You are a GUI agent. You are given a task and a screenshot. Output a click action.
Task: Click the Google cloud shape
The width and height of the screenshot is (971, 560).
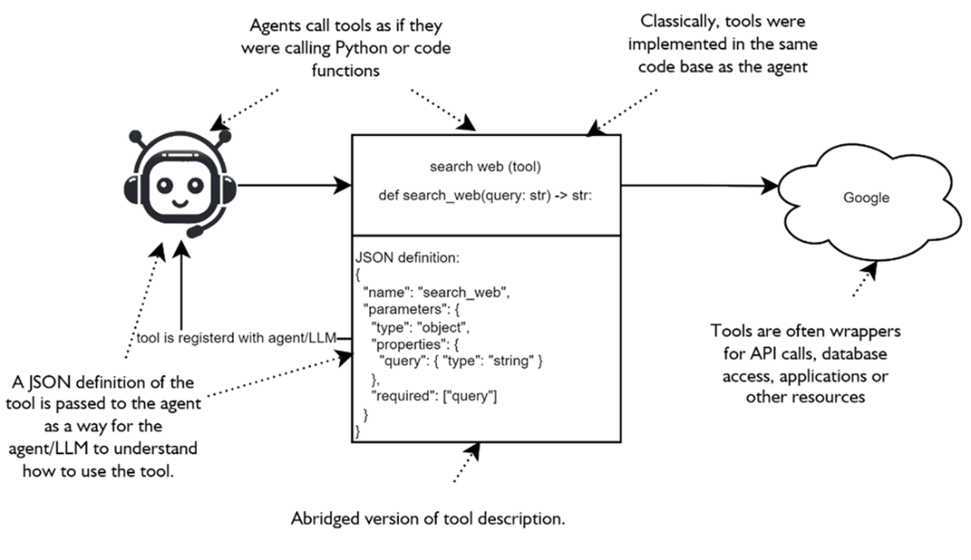[x=865, y=199]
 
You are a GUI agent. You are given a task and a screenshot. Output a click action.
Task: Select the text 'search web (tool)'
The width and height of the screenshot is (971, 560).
[x=486, y=166]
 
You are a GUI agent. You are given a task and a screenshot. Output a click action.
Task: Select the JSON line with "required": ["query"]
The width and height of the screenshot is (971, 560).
[x=434, y=397]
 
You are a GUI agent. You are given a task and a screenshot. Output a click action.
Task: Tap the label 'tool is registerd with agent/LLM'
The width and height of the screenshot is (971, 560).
[x=237, y=340]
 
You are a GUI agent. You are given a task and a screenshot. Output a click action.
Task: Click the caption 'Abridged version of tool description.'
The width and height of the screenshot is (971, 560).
[x=428, y=518]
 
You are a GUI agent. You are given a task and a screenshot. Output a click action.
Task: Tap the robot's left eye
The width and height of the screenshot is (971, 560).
[x=165, y=185]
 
